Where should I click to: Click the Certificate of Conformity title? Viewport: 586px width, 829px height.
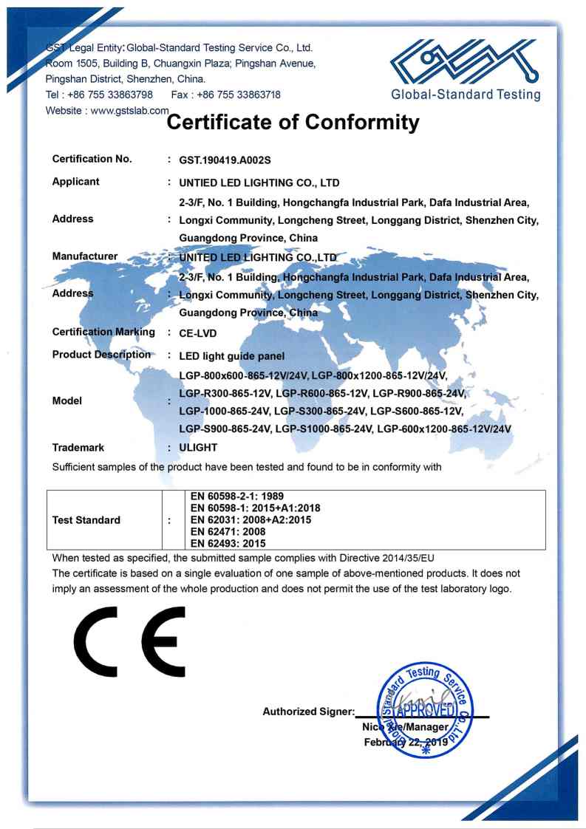[x=293, y=122]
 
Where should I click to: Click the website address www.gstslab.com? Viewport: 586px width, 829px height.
[x=130, y=110]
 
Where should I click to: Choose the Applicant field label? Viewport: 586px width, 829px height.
[x=75, y=182]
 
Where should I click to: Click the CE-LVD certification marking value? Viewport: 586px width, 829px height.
[x=198, y=333]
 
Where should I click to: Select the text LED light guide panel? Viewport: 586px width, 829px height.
[x=231, y=356]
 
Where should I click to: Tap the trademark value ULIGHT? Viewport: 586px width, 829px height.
[x=198, y=448]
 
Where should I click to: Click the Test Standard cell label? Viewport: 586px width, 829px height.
[x=86, y=520]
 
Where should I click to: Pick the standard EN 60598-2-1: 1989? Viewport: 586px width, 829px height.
[x=237, y=497]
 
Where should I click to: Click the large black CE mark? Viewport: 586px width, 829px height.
[x=129, y=641]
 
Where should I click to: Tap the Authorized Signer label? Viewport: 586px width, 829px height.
[x=308, y=712]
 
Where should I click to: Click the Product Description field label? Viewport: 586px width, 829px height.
[x=101, y=355]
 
